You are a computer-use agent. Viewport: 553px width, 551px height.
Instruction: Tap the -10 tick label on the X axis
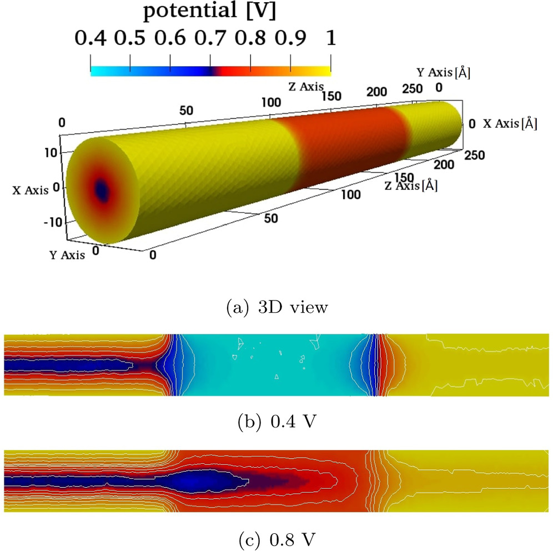48,223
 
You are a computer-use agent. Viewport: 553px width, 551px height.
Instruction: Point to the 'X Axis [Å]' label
510,124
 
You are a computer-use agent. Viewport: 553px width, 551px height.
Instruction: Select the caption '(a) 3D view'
276,307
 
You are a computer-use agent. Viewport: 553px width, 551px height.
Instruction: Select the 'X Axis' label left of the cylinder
31,190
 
